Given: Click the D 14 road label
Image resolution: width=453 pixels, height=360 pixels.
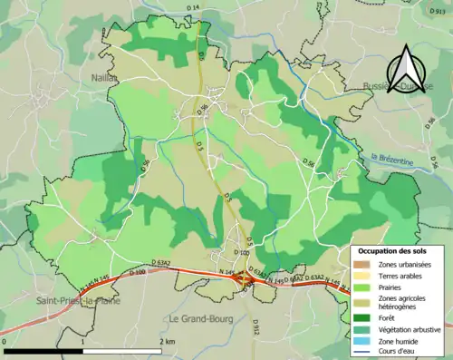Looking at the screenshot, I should [193, 8].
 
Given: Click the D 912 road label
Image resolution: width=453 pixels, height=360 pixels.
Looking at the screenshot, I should [256, 323].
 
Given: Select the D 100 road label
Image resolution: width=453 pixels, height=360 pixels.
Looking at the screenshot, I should [138, 271].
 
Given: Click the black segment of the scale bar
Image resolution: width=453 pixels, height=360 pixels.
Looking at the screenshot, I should [45, 350].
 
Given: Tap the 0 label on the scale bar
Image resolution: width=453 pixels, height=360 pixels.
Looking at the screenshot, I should [5, 341].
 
